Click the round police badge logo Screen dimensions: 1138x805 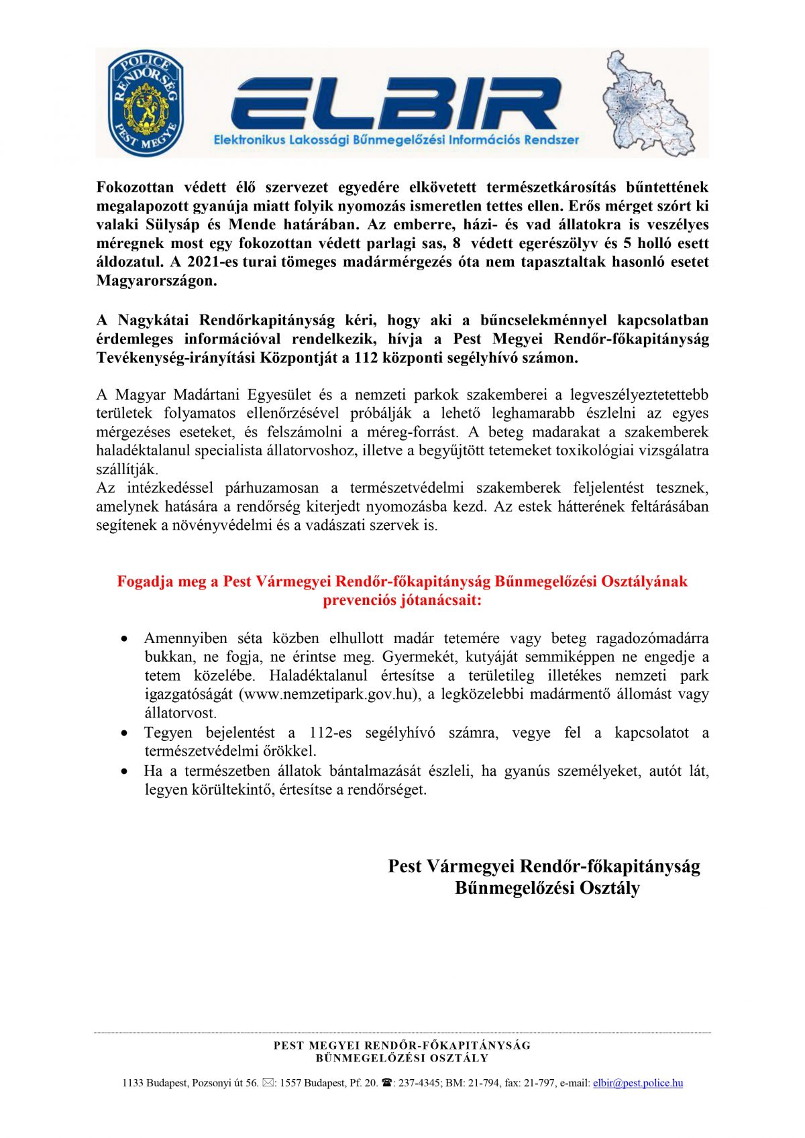146,103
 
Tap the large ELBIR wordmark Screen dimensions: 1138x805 396,104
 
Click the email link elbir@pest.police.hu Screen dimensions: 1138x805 638,1083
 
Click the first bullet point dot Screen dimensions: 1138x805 124,638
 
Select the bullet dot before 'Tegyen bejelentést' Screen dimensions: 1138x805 124,733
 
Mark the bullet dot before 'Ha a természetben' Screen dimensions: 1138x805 124,771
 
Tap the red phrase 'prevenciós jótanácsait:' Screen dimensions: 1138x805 402,600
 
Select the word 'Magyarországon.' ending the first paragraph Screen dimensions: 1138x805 157,281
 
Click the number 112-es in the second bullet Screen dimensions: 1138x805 331,733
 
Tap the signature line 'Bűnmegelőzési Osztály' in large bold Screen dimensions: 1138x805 547,889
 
